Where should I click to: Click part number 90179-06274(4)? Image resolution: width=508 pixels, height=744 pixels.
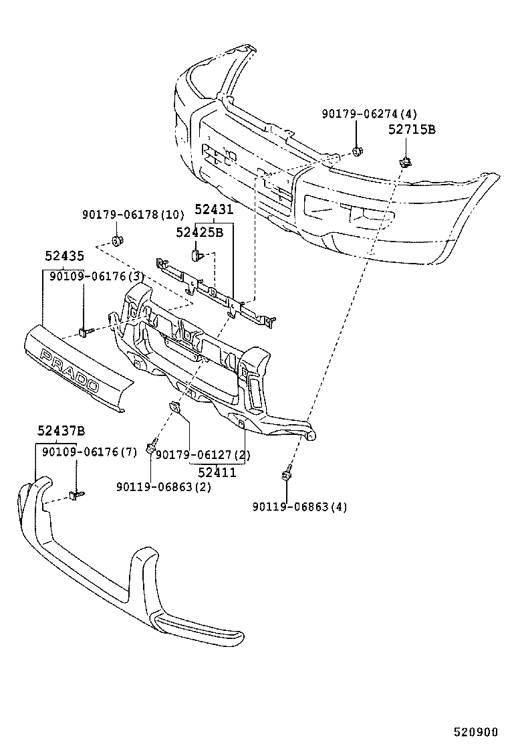click(368, 114)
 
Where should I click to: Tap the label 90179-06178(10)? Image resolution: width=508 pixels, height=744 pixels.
click(132, 215)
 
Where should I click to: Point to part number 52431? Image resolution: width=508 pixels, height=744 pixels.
click(214, 209)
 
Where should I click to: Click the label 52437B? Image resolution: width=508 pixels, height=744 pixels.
click(61, 431)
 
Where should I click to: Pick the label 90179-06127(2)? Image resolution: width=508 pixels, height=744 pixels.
click(203, 455)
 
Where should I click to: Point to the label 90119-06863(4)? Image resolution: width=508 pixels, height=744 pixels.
click(299, 507)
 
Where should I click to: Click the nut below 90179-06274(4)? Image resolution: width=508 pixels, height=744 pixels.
click(358, 151)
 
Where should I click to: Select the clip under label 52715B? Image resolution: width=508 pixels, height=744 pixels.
click(404, 161)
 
